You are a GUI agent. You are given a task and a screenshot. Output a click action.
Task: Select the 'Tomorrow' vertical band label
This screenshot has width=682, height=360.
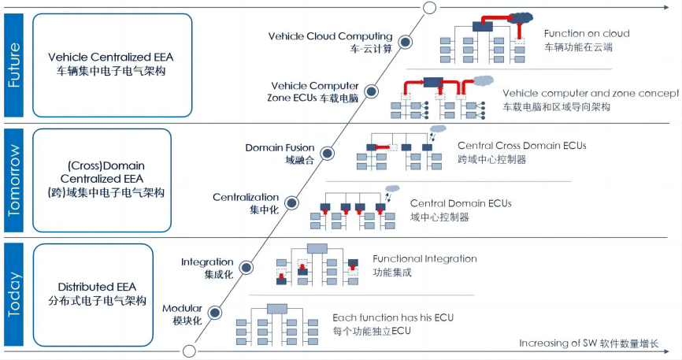pyautogui.click(x=14, y=180)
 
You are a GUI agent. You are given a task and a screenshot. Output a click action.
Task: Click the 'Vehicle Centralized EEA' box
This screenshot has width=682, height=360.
pyautogui.click(x=110, y=64)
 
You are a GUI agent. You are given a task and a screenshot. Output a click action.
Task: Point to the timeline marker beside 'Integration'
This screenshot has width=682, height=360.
pyautogui.click(x=246, y=268)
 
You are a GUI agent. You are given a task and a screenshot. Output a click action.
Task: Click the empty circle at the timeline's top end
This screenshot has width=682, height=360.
pyautogui.click(x=429, y=8)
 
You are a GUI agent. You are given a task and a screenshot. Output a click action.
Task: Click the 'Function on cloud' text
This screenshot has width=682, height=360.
pyautogui.click(x=586, y=34)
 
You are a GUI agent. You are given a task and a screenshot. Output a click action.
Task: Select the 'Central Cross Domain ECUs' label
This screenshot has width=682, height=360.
pyautogui.click(x=521, y=146)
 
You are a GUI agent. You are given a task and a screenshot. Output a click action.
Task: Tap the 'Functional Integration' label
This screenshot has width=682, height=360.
pyautogui.click(x=424, y=258)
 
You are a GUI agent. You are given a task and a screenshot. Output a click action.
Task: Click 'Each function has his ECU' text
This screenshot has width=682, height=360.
pyautogui.click(x=381, y=317)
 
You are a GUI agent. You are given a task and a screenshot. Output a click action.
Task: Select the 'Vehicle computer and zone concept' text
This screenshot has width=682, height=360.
pyautogui.click(x=590, y=93)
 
